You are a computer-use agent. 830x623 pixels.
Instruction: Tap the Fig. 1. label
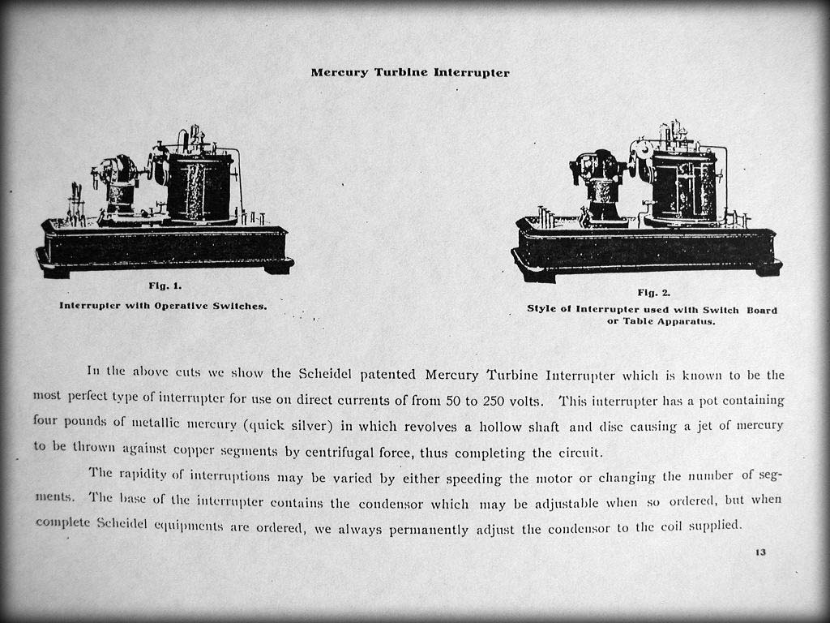click(x=165, y=286)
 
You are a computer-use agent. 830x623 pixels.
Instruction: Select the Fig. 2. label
click(x=653, y=293)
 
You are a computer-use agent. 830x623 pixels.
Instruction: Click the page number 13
click(x=760, y=552)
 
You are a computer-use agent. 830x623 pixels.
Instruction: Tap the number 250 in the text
click(x=494, y=401)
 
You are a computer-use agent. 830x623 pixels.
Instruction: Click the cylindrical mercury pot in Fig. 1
click(x=200, y=189)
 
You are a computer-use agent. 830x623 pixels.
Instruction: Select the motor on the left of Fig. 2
click(x=601, y=183)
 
